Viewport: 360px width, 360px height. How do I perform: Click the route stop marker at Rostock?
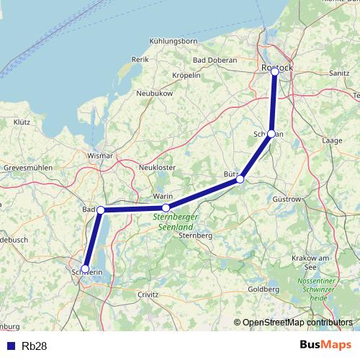[274, 71]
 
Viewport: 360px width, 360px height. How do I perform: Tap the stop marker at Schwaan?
[271, 134]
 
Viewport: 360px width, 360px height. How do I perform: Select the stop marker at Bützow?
[240, 179]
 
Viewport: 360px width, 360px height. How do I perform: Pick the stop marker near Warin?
[166, 208]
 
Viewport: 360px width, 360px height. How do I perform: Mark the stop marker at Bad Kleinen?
[101, 210]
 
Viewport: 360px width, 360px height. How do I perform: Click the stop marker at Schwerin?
[85, 269]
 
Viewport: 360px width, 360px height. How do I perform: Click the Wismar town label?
[100, 156]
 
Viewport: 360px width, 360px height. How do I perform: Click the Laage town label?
[332, 140]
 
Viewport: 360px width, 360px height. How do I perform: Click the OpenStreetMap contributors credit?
[297, 322]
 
